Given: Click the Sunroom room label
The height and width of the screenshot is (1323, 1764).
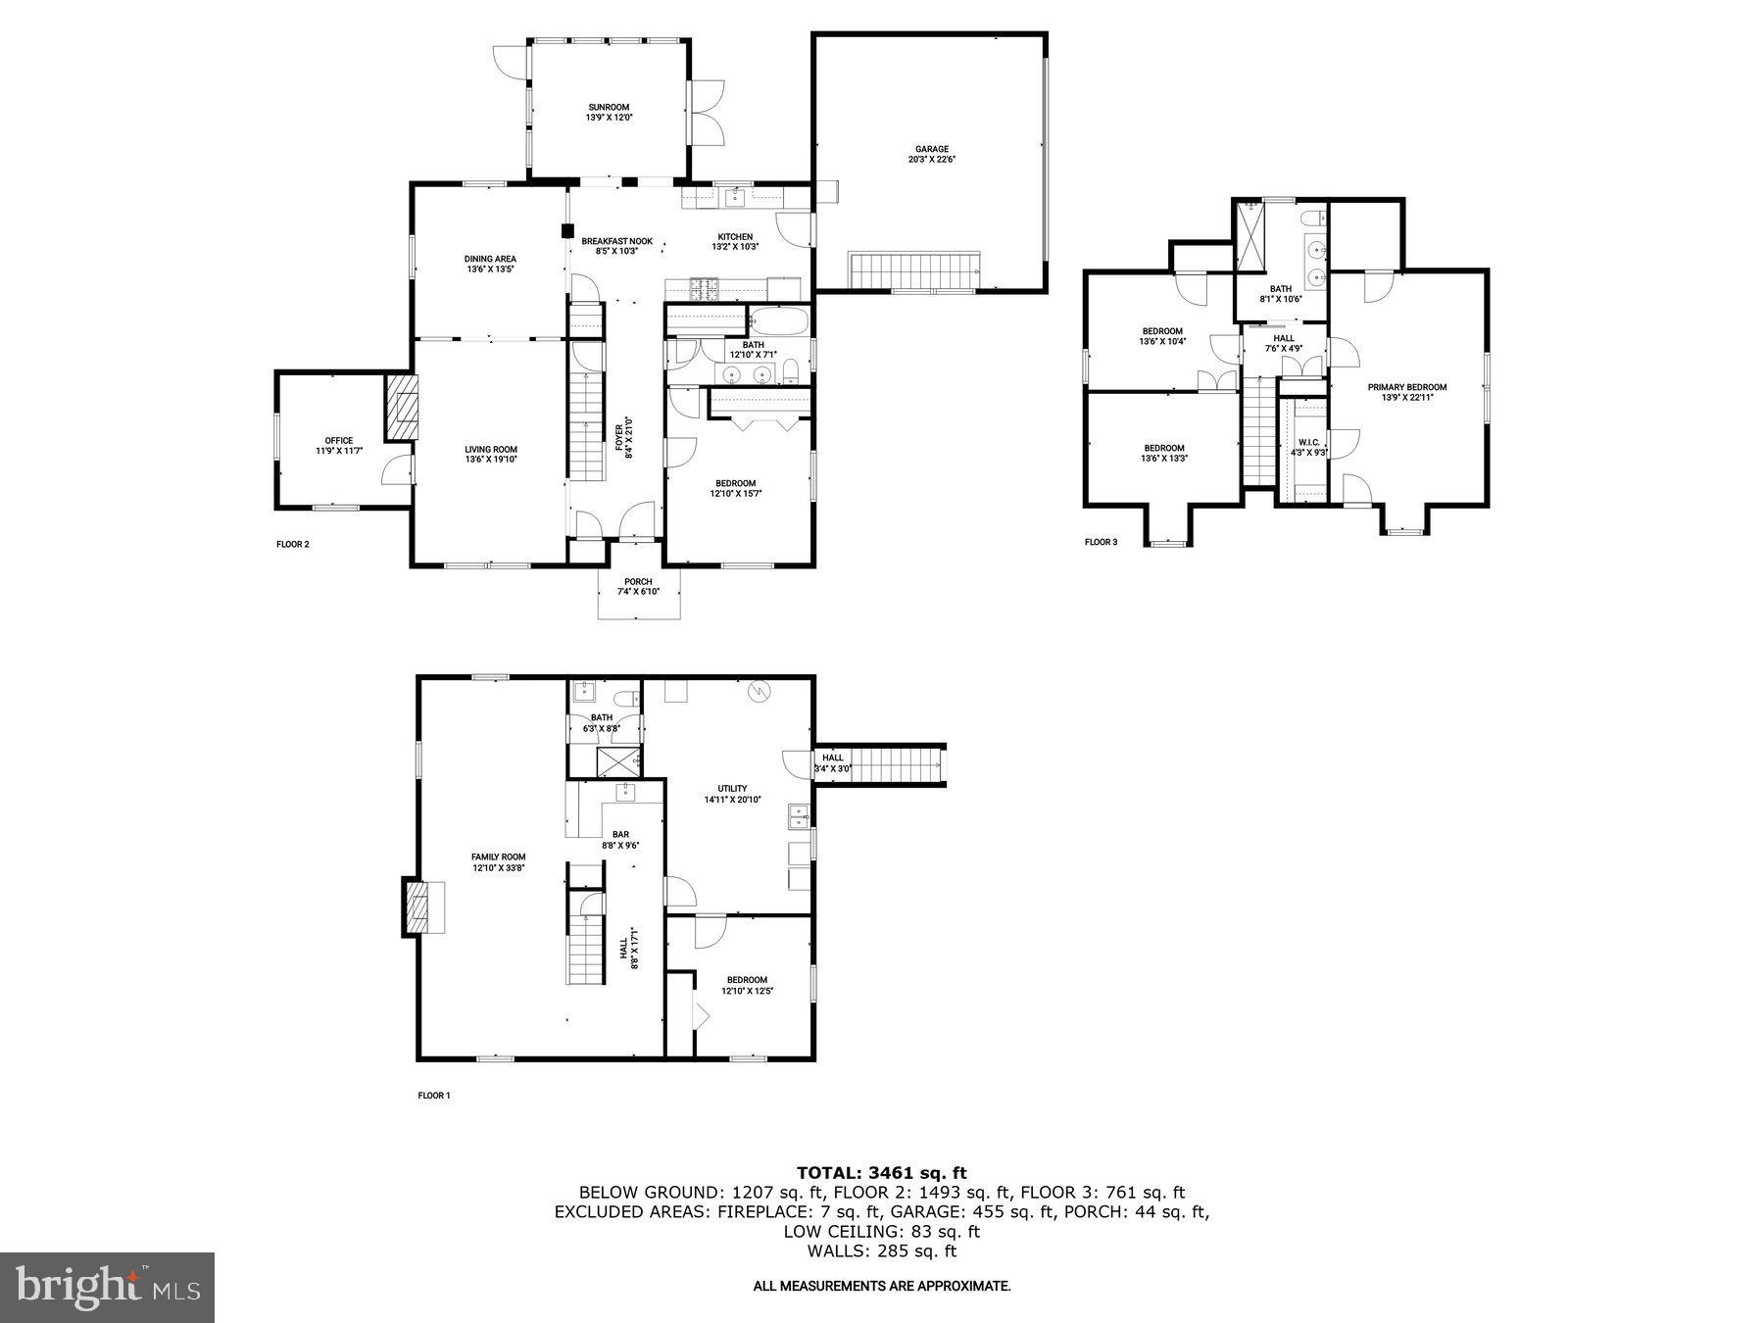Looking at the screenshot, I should coord(609,107).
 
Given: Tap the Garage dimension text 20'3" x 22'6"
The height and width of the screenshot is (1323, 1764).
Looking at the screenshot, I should coord(931,160).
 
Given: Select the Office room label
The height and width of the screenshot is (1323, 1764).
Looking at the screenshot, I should coord(339,440).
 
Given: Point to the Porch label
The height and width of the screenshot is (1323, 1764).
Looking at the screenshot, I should coord(638,581).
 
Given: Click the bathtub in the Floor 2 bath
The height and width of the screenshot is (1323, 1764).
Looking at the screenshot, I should coord(779,321).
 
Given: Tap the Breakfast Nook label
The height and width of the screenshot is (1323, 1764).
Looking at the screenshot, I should coord(616,241).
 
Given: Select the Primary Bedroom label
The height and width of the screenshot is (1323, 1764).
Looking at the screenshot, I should coord(1407,387).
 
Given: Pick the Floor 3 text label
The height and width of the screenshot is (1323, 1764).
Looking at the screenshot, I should coord(1101,542).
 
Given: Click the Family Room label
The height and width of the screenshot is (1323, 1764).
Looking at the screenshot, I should coord(498,857).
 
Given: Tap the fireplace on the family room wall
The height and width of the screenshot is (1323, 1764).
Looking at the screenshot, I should coord(418,908).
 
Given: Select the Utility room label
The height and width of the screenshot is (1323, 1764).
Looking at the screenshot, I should coord(732,789).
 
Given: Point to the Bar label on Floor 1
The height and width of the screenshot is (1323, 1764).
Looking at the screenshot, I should coord(620,835).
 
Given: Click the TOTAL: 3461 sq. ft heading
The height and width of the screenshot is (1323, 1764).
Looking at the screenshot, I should coord(881,1172).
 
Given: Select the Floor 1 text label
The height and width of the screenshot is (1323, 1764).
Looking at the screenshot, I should coord(434,1096).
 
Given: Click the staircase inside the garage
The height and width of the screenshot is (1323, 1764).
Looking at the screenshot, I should coord(915,269).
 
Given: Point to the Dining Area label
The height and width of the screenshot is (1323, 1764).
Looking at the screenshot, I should coord(490,259).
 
